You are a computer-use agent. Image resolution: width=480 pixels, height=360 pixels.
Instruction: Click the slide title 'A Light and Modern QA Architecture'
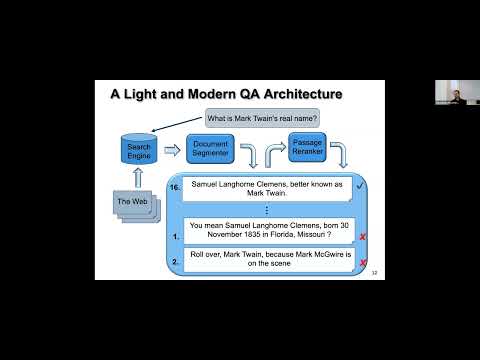coord(226,95)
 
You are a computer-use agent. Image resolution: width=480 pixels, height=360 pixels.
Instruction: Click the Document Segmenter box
coord(210,152)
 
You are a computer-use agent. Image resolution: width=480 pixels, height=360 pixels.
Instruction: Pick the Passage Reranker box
coord(308,148)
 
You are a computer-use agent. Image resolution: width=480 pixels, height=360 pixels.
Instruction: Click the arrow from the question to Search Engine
coord(180,127)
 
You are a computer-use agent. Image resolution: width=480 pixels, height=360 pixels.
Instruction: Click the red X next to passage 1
coord(361,237)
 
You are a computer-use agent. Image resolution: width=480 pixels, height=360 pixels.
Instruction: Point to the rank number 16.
coord(174,187)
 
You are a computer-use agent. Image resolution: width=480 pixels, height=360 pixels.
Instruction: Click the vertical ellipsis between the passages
coord(265,212)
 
